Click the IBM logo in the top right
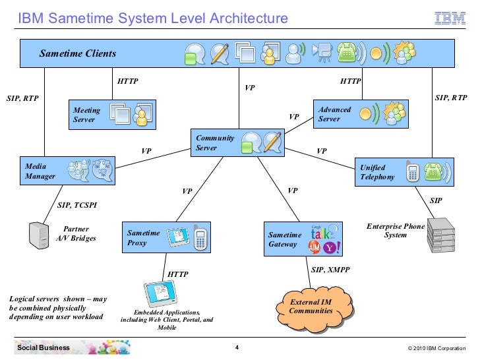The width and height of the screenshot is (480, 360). coord(450,19)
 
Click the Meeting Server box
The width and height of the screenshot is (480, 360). coord(113,115)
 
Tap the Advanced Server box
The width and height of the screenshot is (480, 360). coord(360,114)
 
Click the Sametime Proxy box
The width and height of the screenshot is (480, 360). coord(167,238)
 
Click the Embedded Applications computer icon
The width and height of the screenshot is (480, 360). coord(158,293)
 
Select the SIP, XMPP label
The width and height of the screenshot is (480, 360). coord(330,270)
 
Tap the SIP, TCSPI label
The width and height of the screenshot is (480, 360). coord(77,205)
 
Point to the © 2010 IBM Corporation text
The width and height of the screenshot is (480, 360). coord(436,347)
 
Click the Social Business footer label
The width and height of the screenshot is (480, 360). coord(44,347)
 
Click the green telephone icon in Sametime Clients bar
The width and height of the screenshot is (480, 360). coord(347,53)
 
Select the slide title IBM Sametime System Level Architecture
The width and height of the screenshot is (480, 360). coord(153,18)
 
